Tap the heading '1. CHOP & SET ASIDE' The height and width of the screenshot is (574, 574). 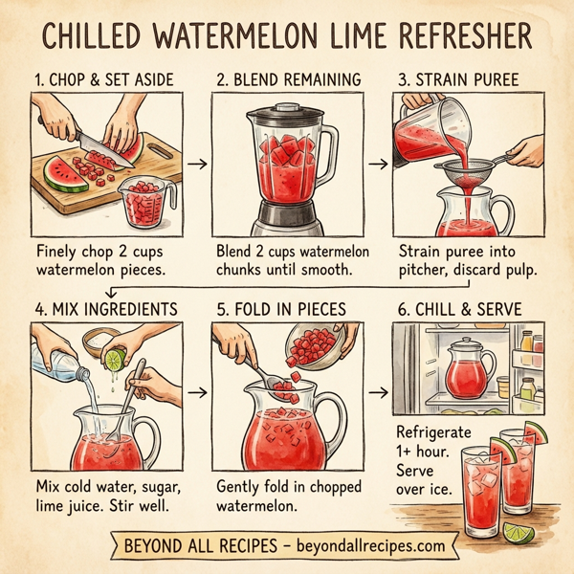[104, 80]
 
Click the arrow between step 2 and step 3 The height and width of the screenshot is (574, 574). [380, 164]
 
